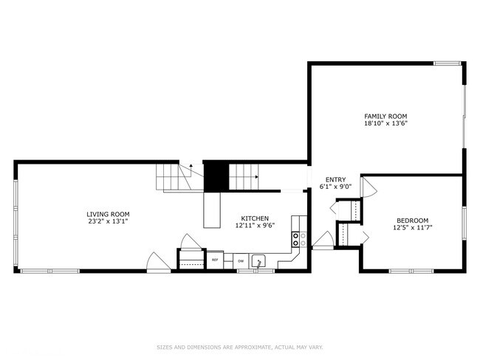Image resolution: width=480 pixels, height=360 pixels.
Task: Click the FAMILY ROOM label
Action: click(x=385, y=117)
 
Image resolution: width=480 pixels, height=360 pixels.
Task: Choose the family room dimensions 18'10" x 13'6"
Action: click(x=385, y=123)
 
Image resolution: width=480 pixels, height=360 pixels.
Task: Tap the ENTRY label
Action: click(x=335, y=179)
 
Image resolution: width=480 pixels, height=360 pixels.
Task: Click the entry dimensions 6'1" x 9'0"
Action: click(x=335, y=186)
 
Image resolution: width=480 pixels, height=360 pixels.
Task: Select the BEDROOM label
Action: click(x=412, y=221)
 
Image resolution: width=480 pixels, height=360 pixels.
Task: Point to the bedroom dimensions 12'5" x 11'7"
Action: click(x=412, y=227)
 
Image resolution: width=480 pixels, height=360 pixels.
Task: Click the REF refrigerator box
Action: click(x=216, y=260)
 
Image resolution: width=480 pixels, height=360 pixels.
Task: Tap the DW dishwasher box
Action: click(x=241, y=260)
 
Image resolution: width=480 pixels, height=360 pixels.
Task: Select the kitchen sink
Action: click(x=260, y=260)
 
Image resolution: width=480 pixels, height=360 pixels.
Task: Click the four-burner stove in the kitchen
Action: click(x=298, y=238)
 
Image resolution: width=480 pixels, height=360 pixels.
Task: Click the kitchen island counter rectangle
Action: click(x=213, y=210)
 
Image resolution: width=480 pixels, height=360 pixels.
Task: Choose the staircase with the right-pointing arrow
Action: click(x=243, y=177)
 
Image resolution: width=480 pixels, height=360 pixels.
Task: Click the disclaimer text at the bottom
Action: click(x=239, y=347)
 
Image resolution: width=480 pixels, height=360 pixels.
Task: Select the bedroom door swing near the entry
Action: click(x=368, y=185)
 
